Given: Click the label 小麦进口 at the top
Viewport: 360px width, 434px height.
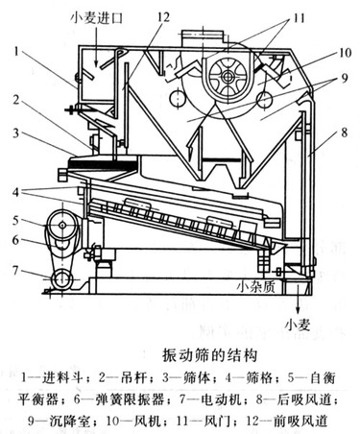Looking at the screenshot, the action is click(x=97, y=17).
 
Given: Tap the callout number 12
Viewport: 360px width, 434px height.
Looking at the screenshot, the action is click(x=162, y=17).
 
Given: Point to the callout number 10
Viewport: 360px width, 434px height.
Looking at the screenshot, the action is click(x=345, y=53).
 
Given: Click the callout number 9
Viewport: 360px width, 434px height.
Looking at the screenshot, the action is click(x=345, y=78).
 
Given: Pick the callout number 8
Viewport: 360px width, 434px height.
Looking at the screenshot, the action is click(x=345, y=133).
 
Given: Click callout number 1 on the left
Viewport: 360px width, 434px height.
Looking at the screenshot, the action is click(x=17, y=51).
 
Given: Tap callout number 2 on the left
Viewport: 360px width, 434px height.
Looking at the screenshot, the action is click(x=16, y=100).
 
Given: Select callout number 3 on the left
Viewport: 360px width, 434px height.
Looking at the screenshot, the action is click(x=16, y=133).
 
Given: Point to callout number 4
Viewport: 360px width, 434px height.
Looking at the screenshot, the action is click(x=16, y=192).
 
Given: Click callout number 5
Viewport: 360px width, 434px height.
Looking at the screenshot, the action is click(x=16, y=221).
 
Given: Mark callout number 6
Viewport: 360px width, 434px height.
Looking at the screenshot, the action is click(x=16, y=240).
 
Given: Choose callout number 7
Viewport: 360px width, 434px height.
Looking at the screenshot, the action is click(x=16, y=271).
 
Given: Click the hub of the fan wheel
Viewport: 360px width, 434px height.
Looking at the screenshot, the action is click(x=228, y=77).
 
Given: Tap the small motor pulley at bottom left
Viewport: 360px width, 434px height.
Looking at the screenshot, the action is click(x=62, y=279).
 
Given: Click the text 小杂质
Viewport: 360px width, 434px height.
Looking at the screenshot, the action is click(x=255, y=286).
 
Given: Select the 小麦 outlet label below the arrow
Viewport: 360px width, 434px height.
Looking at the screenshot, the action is click(x=298, y=325).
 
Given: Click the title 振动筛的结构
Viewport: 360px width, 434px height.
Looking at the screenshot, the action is click(x=209, y=355).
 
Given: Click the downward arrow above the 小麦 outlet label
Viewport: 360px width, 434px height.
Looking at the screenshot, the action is click(x=298, y=299).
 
